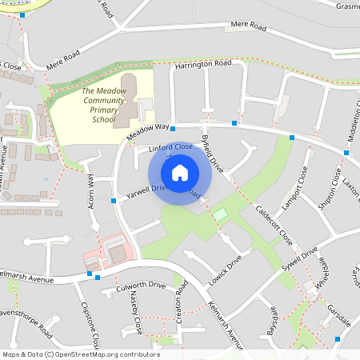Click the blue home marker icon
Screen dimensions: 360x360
[179, 172]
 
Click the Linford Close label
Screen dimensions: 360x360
[170, 148]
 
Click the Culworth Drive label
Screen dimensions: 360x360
[141, 286]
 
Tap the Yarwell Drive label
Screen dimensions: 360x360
[146, 190]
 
